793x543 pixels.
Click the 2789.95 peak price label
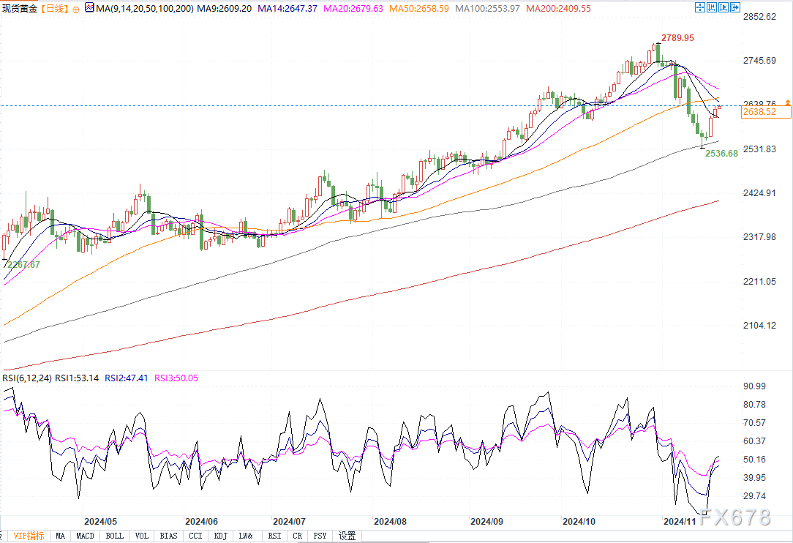pos(677,37)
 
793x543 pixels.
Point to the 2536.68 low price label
pos(721,154)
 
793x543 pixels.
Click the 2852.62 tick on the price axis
pos(759,16)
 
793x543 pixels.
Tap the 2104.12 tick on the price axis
pos(759,326)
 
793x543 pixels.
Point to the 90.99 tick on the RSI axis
pos(755,386)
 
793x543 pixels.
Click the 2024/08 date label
pos(389,522)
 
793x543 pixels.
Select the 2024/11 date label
pos(679,522)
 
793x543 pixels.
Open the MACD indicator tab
pos(86,536)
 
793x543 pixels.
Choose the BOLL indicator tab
pos(115,536)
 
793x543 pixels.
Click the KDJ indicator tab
pos(220,536)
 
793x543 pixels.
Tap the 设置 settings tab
pos(347,536)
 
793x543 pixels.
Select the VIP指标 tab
pos(29,536)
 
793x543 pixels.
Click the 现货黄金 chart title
pos(18,8)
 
